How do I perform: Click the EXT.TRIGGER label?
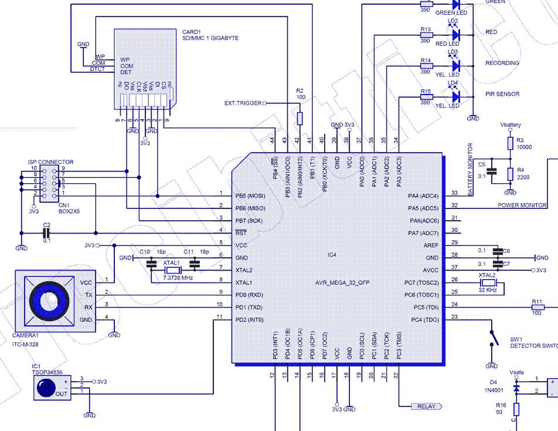click(x=243, y=103)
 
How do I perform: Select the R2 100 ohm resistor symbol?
click(x=300, y=118)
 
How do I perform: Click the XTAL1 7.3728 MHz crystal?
click(x=172, y=269)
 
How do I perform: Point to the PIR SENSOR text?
click(x=502, y=94)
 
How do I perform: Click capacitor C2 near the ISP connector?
click(x=47, y=233)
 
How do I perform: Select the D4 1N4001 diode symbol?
click(x=516, y=388)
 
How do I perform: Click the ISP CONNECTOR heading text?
click(x=50, y=161)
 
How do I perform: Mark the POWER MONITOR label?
click(x=522, y=205)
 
